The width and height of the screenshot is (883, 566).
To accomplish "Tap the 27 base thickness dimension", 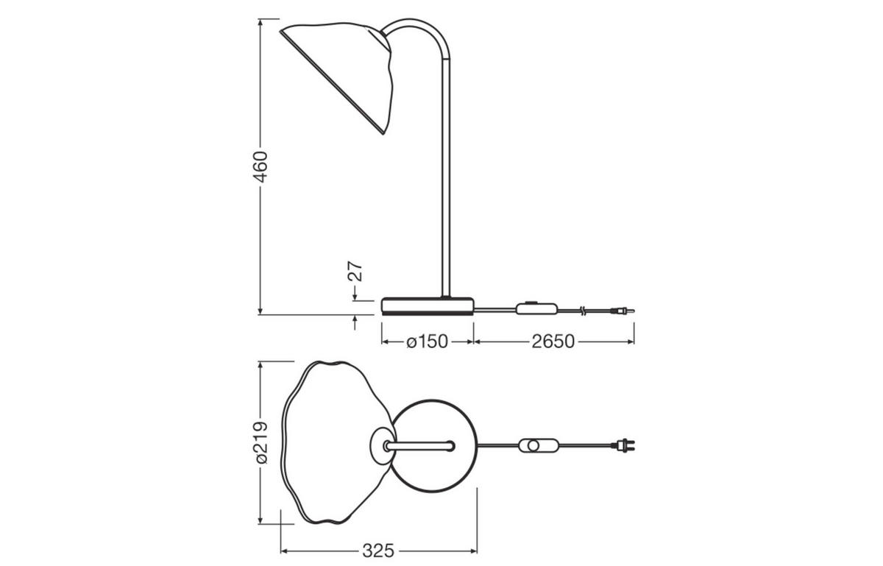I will [x=355, y=271].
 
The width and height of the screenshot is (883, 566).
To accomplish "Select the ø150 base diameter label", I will [x=427, y=342].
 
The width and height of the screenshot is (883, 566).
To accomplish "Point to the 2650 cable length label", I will [x=553, y=342].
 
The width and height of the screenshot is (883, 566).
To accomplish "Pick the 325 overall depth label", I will [x=379, y=551].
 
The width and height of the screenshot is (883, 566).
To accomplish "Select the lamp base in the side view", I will [x=428, y=305].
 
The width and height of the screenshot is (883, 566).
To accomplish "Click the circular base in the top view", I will [x=434, y=471].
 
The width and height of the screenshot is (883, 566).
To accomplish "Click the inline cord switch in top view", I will [x=539, y=445].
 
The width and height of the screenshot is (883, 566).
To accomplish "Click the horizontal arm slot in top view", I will [x=419, y=445].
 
